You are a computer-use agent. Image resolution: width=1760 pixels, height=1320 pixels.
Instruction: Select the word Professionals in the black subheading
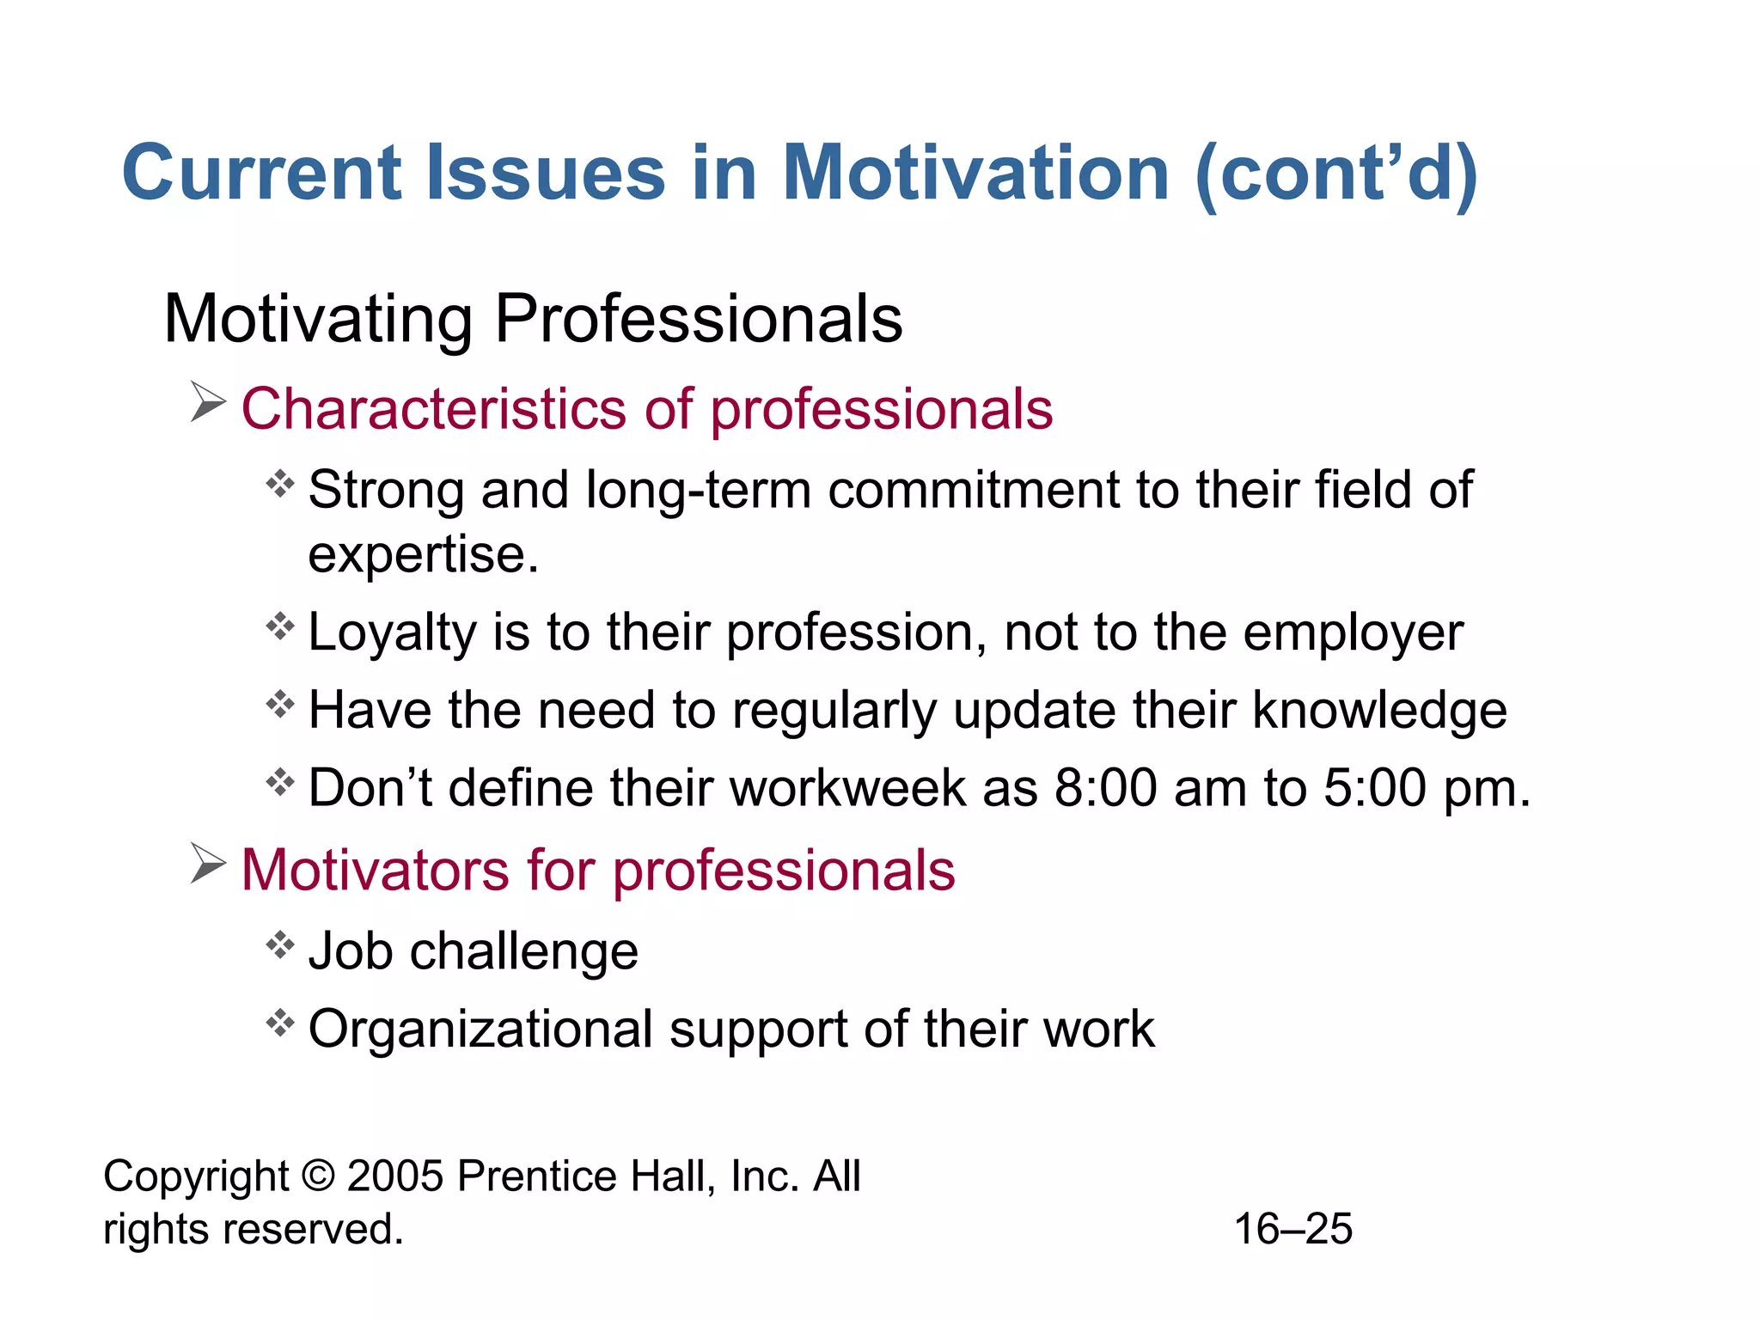(699, 320)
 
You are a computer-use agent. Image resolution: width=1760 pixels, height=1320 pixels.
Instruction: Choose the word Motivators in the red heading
(376, 870)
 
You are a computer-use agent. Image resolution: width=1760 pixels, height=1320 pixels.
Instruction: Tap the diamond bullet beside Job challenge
(280, 945)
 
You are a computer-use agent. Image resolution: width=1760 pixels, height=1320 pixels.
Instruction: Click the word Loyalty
(391, 633)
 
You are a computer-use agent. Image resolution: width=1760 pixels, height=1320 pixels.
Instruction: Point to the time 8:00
(1105, 788)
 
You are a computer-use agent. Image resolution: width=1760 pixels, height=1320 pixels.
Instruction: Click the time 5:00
(1374, 788)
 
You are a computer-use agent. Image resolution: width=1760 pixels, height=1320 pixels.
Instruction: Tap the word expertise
(423, 555)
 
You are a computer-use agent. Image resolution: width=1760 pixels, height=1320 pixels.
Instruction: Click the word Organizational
(480, 1029)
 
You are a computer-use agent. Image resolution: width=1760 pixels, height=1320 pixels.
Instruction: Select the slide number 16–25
(1292, 1229)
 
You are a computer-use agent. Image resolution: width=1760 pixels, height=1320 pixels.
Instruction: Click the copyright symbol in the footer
(318, 1176)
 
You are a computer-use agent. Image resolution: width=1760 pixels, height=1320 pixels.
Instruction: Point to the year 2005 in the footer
(395, 1176)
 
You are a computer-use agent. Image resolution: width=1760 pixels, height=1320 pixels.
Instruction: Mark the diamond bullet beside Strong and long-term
(280, 485)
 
